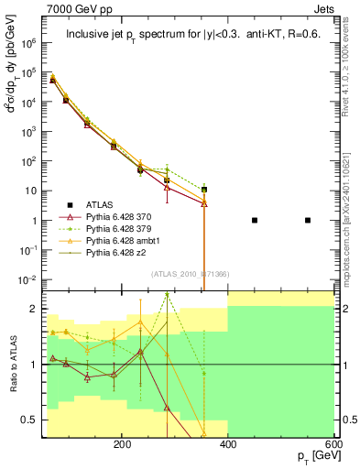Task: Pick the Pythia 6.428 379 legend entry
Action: click(115, 228)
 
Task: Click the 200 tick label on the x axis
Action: click(122, 443)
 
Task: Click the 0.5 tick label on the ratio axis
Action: click(30, 420)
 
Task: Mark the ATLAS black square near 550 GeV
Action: click(308, 220)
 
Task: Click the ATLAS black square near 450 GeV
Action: click(255, 220)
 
